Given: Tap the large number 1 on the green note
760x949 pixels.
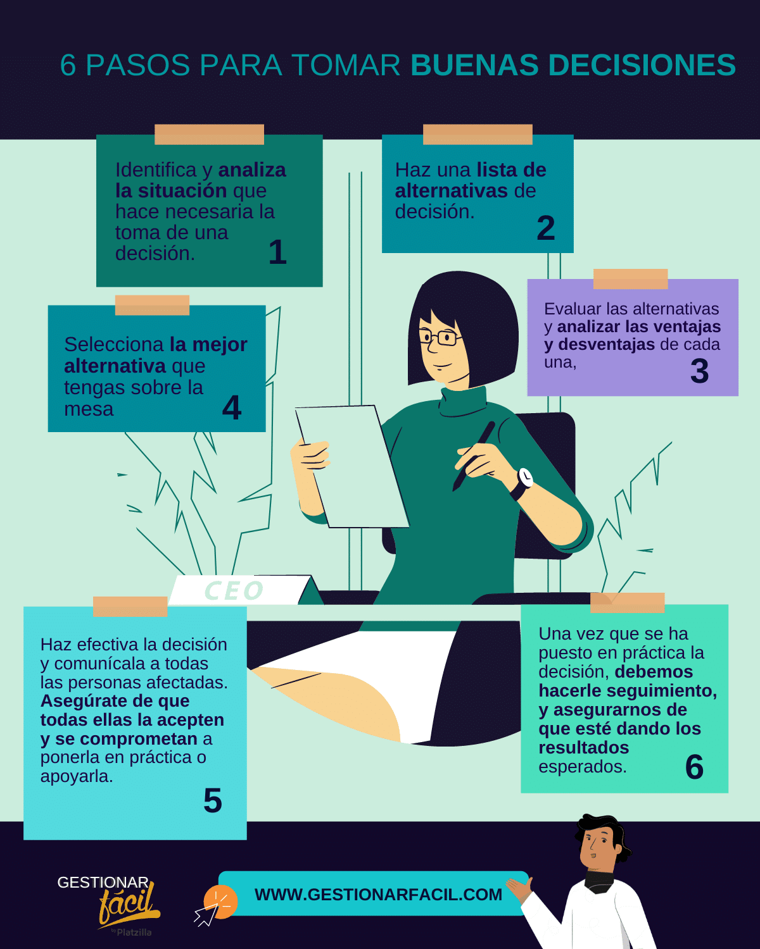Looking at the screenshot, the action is pyautogui.click(x=278, y=252).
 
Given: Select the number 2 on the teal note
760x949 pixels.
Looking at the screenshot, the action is pyautogui.click(x=546, y=228).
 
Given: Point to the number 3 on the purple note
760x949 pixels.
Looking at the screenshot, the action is pyautogui.click(x=699, y=371).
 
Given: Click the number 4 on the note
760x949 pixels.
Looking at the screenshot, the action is pyautogui.click(x=232, y=407).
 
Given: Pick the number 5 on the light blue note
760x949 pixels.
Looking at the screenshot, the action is pyautogui.click(x=212, y=800).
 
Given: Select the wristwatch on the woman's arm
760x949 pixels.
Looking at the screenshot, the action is pyautogui.click(x=522, y=483).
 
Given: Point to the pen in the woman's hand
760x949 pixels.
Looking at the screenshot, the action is pyautogui.click(x=473, y=456).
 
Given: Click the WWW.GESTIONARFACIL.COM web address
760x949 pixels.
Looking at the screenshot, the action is pyautogui.click(x=379, y=895).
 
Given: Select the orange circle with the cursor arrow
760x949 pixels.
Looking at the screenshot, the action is pyautogui.click(x=220, y=902).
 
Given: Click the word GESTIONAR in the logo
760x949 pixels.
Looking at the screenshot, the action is pyautogui.click(x=103, y=883).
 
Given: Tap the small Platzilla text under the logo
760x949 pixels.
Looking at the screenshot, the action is pyautogui.click(x=134, y=933).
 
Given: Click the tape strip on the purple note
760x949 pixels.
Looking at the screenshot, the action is pyautogui.click(x=630, y=279).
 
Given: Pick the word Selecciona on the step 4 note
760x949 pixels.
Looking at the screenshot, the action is pyautogui.click(x=114, y=344).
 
